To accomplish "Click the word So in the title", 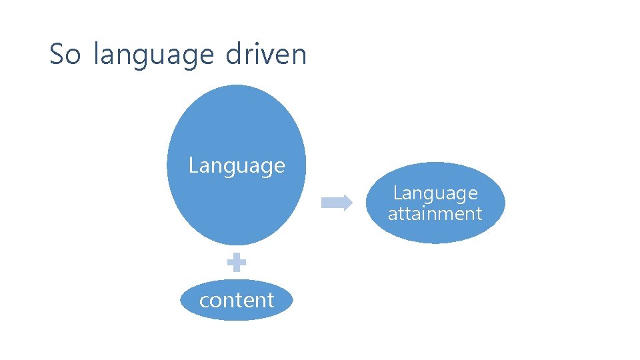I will (x=65, y=54).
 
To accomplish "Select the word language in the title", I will (x=153, y=55).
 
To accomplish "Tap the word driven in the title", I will (x=266, y=54).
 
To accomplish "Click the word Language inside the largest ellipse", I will (x=237, y=165).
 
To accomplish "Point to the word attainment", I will (x=435, y=214).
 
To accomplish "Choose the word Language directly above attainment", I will (x=435, y=193).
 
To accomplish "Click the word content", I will (x=237, y=300).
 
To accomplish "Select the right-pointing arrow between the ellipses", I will (x=337, y=203).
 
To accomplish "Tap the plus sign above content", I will (x=237, y=263).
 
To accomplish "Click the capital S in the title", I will (x=56, y=54).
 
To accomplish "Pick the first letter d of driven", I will (x=233, y=54).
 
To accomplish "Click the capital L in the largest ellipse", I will (x=193, y=165).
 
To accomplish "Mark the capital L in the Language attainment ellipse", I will (x=397, y=193).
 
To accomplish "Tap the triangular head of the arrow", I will (x=347, y=203).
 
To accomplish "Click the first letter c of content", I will (x=204, y=301).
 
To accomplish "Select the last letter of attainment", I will (x=479, y=214).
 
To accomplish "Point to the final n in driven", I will (x=299, y=55).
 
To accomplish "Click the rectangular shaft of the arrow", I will (x=331, y=203).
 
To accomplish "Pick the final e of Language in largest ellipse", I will (x=279, y=166).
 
